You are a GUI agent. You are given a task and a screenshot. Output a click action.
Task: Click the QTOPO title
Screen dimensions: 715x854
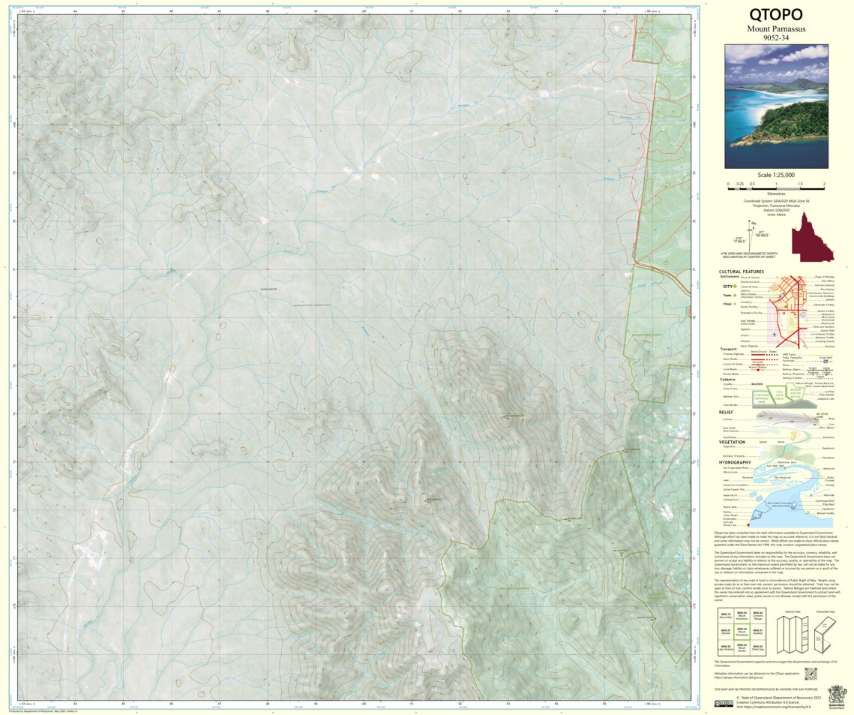tap(776, 14)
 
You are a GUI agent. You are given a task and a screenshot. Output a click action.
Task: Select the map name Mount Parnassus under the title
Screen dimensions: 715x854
tap(776, 29)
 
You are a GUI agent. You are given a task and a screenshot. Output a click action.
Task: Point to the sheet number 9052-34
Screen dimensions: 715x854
tap(776, 38)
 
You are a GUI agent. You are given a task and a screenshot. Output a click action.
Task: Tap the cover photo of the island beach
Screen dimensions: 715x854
tap(776, 106)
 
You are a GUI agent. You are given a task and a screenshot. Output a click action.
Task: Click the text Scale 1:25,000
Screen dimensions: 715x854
tap(776, 175)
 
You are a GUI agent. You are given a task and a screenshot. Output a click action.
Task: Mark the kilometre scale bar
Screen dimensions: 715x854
tap(776, 185)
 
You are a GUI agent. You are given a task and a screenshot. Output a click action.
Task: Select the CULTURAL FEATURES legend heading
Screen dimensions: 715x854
tap(742, 272)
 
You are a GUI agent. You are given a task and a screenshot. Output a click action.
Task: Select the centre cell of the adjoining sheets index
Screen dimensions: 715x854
tap(741, 632)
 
